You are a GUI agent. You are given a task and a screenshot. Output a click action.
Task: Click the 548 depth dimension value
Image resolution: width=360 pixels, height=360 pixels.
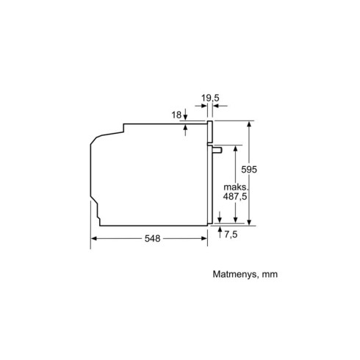[x=152, y=238]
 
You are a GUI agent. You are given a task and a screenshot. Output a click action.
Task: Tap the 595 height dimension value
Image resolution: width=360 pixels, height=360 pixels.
[x=249, y=170]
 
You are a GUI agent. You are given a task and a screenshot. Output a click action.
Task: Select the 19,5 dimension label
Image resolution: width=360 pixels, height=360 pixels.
[x=210, y=98]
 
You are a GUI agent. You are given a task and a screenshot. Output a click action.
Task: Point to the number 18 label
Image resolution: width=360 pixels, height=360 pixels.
[x=176, y=115]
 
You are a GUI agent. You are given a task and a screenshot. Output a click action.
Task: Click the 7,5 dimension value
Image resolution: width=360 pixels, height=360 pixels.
[x=231, y=234]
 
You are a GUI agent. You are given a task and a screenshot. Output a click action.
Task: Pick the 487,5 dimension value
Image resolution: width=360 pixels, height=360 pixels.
[x=235, y=196]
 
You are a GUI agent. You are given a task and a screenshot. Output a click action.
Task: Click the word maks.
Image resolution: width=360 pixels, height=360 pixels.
[x=236, y=187]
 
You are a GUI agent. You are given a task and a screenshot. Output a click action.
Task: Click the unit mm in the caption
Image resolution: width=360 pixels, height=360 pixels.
[x=270, y=275]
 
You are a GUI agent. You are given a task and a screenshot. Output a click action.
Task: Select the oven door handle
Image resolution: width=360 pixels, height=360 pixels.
[x=217, y=150]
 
